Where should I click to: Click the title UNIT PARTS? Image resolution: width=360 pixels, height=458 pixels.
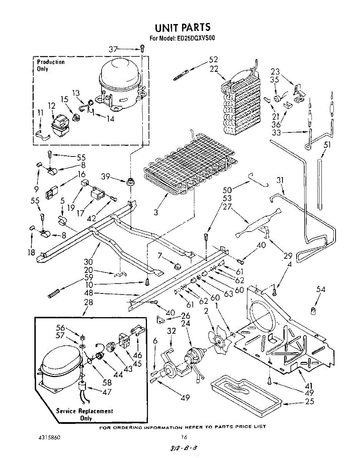182,28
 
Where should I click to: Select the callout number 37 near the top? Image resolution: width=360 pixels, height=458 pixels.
113,49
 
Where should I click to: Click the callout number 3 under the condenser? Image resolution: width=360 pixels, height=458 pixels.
156,213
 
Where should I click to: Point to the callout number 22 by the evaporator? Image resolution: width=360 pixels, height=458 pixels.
214,69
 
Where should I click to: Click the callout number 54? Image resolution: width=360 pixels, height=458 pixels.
321,289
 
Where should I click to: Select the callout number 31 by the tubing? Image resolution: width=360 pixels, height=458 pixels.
281,180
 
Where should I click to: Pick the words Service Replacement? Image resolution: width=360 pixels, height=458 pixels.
85,411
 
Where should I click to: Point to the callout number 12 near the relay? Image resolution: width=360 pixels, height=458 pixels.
52,106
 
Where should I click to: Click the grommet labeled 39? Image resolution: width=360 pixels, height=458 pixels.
131,181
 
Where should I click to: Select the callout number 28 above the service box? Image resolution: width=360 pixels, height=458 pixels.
88,303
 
